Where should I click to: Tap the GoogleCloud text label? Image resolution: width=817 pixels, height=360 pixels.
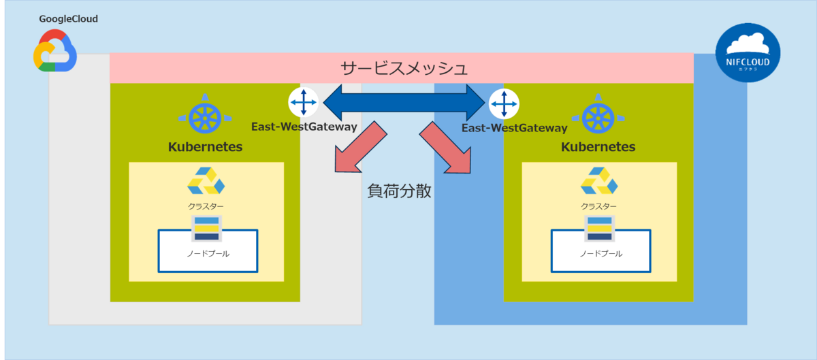[x=69, y=19]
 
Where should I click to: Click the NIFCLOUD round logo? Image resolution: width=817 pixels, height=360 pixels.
[x=748, y=52]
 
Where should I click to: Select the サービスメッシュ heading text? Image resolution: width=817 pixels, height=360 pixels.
[x=404, y=68]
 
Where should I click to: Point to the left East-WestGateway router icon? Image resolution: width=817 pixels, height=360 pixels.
[x=303, y=103]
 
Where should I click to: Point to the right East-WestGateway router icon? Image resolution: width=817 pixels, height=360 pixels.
[x=504, y=103]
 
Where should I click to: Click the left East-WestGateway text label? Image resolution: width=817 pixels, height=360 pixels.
[x=304, y=127]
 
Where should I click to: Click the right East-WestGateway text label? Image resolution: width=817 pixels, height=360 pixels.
[x=514, y=128]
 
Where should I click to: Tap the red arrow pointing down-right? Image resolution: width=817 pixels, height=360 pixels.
[x=446, y=148]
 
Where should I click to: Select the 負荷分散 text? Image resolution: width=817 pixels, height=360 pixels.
[x=400, y=191]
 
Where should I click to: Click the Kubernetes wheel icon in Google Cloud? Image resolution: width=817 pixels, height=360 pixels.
[x=205, y=118]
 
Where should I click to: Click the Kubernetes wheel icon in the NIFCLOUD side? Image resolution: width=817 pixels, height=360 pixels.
[x=598, y=118]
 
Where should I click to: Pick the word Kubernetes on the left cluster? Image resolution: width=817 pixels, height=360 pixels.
[x=205, y=147]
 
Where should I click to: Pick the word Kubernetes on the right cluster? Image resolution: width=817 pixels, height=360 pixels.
[x=598, y=147]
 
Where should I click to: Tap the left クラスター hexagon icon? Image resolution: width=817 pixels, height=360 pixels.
[x=206, y=181]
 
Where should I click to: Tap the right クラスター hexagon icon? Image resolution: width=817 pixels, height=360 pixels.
[x=599, y=181]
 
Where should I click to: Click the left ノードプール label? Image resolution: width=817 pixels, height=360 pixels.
[x=208, y=254]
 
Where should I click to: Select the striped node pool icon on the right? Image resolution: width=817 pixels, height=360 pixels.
[x=599, y=229]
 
